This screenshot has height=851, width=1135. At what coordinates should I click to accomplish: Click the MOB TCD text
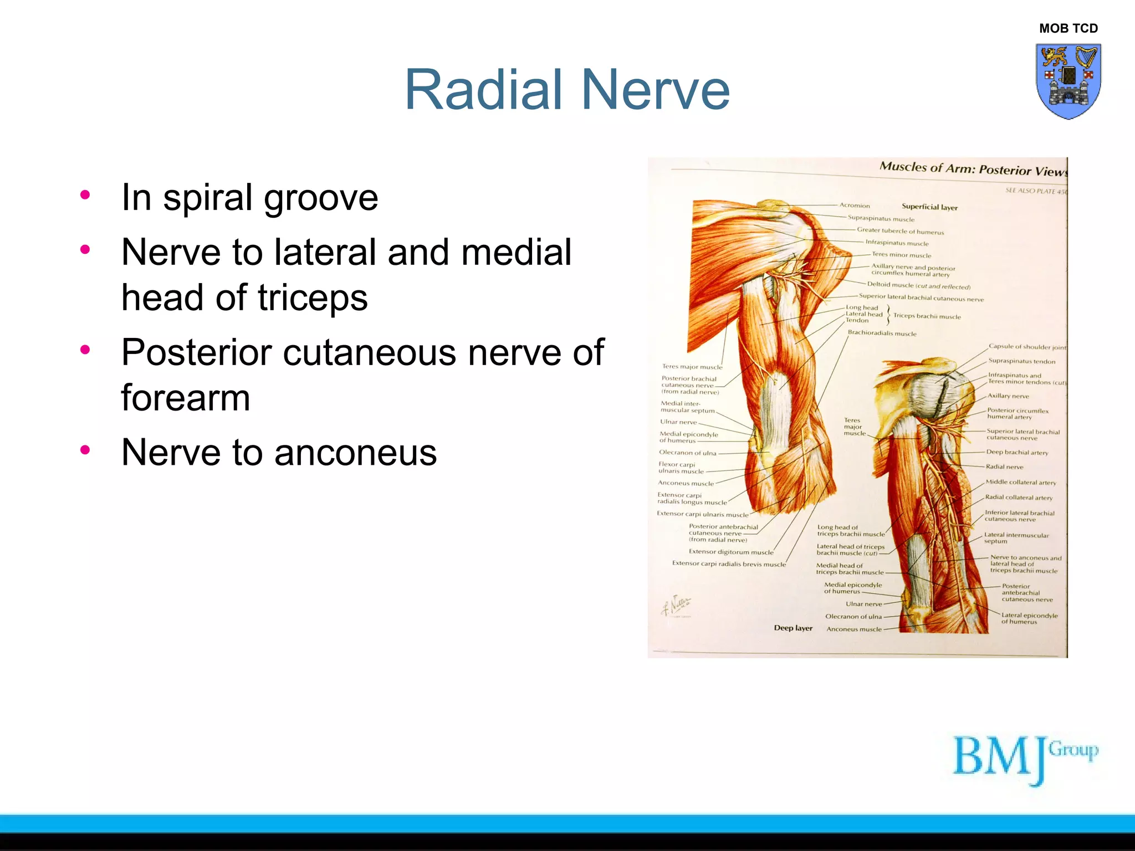1068,28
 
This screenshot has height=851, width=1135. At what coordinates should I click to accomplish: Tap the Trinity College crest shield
1068,81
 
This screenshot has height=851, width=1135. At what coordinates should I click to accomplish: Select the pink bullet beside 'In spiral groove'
85,194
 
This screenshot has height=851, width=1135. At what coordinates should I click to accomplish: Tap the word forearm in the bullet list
186,398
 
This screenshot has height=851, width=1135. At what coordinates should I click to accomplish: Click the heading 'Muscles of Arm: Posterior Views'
973,169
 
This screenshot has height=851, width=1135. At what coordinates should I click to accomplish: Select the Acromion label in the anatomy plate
854,206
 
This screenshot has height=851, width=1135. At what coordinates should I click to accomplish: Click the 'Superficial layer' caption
929,207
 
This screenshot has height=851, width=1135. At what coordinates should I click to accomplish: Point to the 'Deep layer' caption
793,628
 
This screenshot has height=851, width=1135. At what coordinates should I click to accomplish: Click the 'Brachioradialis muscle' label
882,334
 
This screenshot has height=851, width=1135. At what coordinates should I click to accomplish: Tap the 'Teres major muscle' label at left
692,367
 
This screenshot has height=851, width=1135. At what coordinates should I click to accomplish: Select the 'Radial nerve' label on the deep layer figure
1004,467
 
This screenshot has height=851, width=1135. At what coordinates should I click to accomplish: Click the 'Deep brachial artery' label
1017,453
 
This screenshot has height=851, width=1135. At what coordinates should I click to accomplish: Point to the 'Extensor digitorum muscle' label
730,552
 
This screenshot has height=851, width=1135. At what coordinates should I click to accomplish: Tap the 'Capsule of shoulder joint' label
1026,347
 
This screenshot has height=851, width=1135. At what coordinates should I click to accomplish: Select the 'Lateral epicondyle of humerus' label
1029,618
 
